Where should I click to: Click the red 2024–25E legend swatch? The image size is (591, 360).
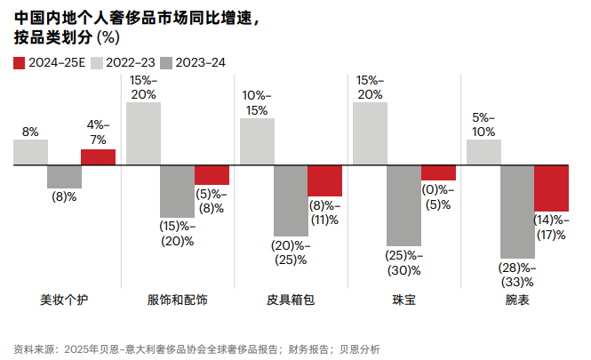[x=20, y=61]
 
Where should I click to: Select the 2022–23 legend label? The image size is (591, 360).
[x=133, y=61]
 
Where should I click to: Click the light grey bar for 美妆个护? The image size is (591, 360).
[x=30, y=152]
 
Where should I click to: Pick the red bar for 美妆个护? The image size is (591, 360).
[x=98, y=156]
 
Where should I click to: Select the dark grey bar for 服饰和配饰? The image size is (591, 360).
[x=177, y=191]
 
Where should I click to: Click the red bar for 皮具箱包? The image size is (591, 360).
[x=324, y=180]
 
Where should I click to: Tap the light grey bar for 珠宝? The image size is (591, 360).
[x=370, y=133]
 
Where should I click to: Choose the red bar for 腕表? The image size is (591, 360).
[x=551, y=188]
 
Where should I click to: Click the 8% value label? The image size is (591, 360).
[x=30, y=132]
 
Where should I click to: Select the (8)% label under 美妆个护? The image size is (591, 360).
[x=64, y=196]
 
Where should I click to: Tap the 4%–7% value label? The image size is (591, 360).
[x=98, y=132]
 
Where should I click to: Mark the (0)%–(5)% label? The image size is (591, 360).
[x=438, y=196]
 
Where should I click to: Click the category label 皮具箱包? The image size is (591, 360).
[x=291, y=300]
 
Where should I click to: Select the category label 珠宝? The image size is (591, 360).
[x=403, y=300]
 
